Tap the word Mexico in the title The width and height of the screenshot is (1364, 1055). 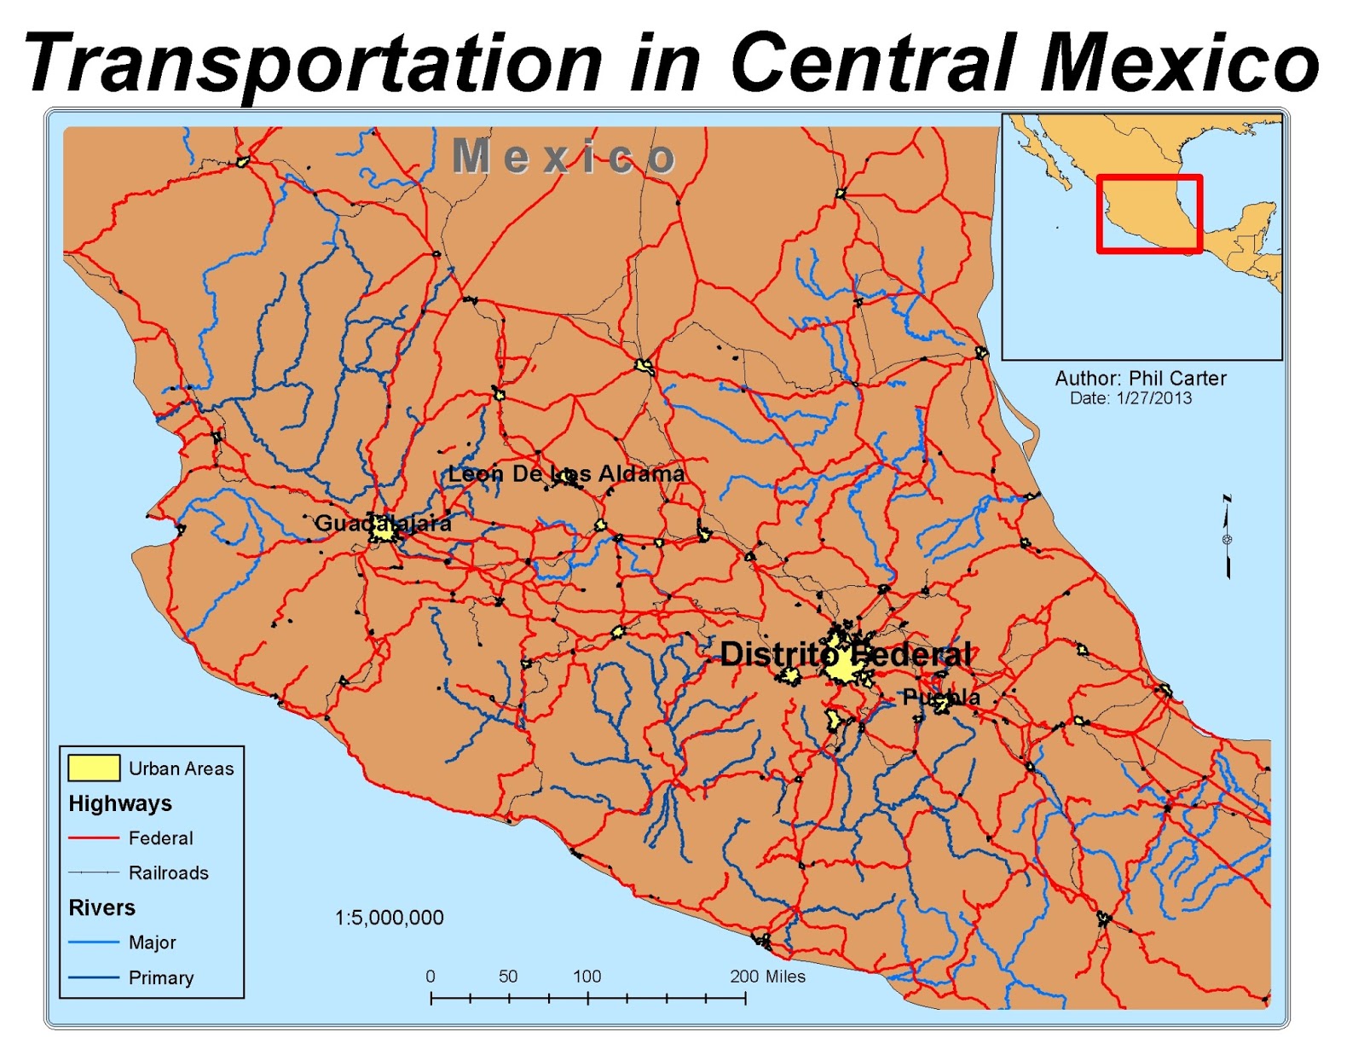(x=1180, y=62)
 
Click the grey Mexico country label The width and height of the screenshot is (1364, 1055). (x=564, y=157)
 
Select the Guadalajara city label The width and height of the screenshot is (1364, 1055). (x=383, y=523)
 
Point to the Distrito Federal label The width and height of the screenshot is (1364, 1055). (x=845, y=655)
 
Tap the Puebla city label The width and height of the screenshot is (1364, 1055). (x=941, y=698)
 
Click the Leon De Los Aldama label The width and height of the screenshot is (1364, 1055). (x=566, y=473)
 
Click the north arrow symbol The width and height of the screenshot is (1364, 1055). (x=1228, y=537)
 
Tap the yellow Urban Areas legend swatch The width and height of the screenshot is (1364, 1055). (x=94, y=768)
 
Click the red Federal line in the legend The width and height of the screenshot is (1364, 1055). (x=94, y=838)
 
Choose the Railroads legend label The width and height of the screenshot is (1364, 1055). (x=168, y=872)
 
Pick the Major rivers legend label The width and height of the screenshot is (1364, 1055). (x=152, y=942)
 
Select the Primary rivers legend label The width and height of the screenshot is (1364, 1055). (x=160, y=977)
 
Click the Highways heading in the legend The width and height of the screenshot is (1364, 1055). (x=120, y=803)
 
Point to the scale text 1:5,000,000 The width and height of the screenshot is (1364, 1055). (x=389, y=918)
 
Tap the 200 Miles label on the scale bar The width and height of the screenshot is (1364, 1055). (x=767, y=977)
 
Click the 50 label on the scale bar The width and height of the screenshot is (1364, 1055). (x=508, y=977)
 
